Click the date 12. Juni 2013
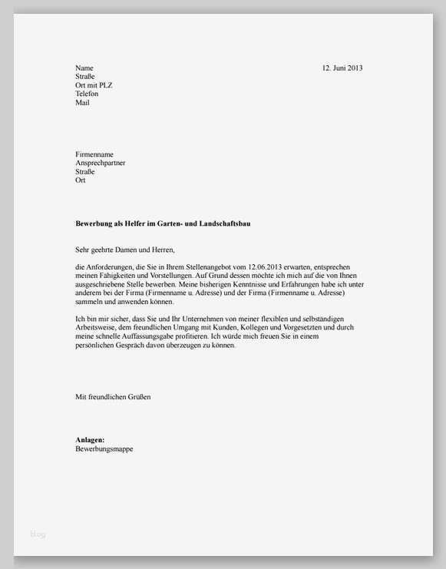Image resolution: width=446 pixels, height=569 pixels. coord(342,68)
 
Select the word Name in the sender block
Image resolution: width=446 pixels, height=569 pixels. coord(84,68)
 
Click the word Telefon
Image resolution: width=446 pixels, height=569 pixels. coord(87,94)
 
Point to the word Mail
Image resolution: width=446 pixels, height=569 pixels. coord(82,102)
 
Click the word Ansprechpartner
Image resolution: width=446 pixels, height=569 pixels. coord(101,163)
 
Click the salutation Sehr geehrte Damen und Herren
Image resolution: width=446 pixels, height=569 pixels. coord(125,250)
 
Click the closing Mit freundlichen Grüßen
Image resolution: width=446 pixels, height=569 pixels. coord(113,397)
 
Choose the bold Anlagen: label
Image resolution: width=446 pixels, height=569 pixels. coord(90,440)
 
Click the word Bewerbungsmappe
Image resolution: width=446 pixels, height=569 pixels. coord(104,448)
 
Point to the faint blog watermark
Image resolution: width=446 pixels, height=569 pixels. coord(38,534)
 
